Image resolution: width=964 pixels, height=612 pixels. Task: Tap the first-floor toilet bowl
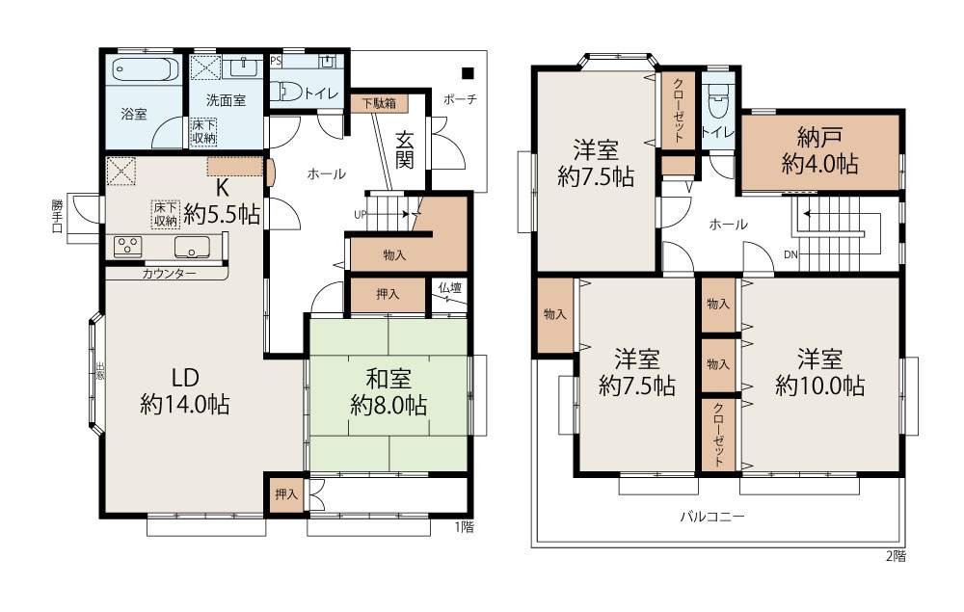coord(285,92)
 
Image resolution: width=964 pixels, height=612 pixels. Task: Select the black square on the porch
coord(469,73)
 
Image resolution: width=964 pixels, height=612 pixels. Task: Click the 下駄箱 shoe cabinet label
coord(379,102)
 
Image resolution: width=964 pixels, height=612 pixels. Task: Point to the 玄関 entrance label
coord(405,150)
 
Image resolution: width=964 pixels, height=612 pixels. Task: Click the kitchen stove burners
coord(128,246)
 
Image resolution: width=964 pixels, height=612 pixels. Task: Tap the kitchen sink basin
coord(192,247)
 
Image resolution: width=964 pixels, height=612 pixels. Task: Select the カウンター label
coord(169,274)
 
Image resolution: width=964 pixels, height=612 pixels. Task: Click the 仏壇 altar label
coord(450,287)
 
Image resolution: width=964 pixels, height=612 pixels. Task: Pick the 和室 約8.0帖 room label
coord(388,391)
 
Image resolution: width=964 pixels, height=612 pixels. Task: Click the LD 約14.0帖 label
coord(185,390)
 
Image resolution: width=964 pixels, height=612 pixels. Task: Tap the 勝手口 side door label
coord(57,216)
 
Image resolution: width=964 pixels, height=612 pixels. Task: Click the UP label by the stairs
coord(361,215)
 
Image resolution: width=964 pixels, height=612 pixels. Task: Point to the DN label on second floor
coord(790,254)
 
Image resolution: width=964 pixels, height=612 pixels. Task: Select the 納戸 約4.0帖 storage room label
coord(820,150)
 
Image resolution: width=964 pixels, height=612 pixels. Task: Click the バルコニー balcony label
coord(712,516)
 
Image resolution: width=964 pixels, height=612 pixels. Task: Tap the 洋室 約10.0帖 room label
coord(820,372)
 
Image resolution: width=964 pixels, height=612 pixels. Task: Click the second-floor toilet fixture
coord(718,100)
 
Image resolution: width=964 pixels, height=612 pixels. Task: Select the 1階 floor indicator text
coord(465,526)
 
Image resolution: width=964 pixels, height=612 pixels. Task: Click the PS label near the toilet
coord(276,61)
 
